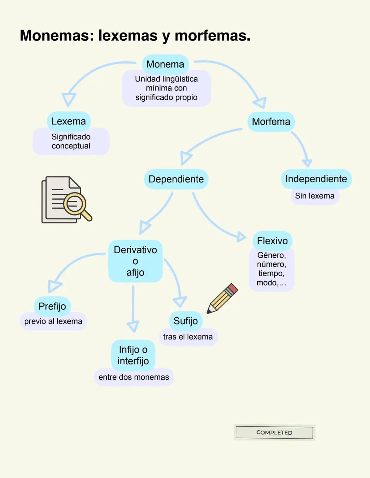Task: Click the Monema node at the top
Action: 165,64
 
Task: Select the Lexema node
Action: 69,121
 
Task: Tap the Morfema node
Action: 271,122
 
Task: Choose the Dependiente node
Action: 176,179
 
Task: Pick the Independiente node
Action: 316,179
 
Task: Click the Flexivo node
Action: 272,241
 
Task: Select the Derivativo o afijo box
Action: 135,261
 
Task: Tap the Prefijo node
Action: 52,306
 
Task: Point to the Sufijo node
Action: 185,321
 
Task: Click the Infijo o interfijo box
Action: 133,355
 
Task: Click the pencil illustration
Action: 222,298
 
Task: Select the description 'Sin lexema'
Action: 314,196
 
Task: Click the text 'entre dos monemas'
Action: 134,377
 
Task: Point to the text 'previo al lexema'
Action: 53,321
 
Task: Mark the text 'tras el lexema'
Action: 188,337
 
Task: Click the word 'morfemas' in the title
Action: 212,36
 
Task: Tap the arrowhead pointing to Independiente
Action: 307,163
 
